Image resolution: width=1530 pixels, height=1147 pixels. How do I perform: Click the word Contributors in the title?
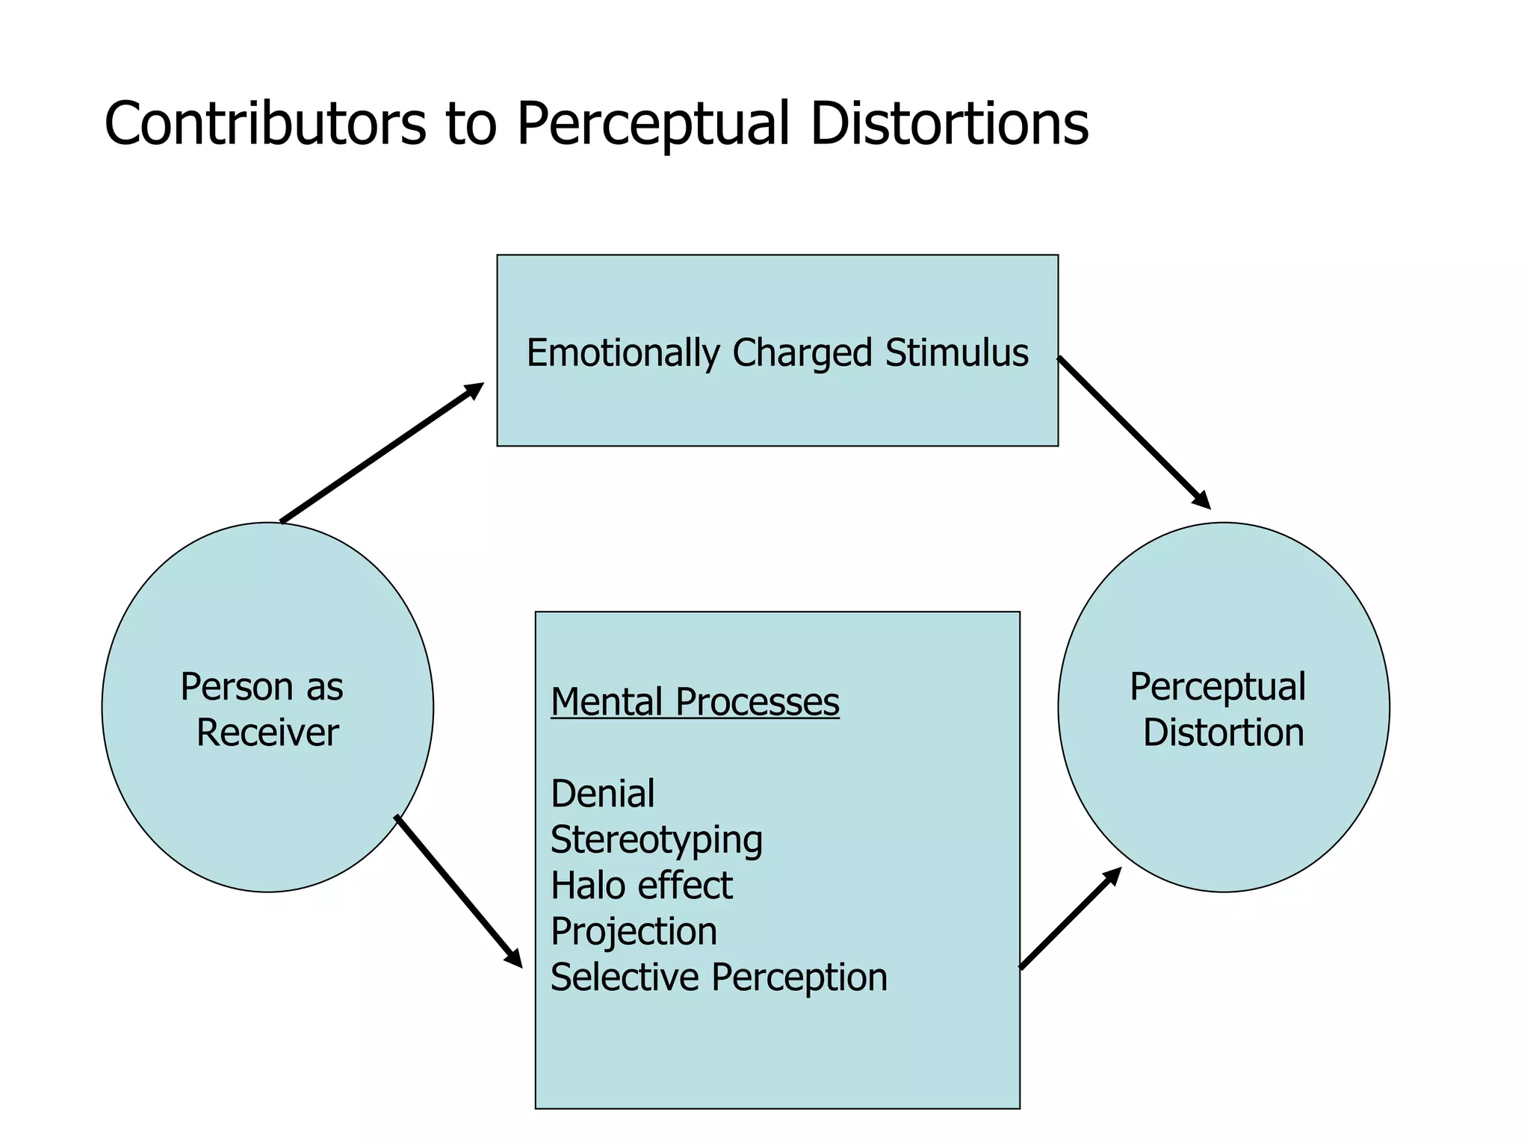[x=265, y=123]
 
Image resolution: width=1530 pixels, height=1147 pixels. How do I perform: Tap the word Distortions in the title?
[x=949, y=123]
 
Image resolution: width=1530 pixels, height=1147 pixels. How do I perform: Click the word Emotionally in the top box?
[x=623, y=354]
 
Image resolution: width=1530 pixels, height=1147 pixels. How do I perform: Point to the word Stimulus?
[x=956, y=352]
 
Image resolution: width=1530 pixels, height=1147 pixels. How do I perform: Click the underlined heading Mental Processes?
[x=695, y=703]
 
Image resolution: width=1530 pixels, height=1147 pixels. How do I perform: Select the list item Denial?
[x=602, y=794]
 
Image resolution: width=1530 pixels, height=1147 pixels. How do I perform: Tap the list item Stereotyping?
[x=656, y=841]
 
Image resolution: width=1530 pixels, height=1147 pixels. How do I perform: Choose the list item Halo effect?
[x=641, y=886]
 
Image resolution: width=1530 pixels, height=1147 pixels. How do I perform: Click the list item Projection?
[x=634, y=932]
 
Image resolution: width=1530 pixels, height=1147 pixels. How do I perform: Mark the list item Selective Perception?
[x=719, y=977]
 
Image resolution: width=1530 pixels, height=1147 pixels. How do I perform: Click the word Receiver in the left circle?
[x=267, y=733]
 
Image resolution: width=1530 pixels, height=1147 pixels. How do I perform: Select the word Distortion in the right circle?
[x=1223, y=733]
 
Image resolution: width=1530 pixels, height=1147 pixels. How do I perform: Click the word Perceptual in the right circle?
[x=1218, y=687]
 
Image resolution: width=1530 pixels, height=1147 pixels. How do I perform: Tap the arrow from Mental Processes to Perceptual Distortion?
[x=1070, y=918]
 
